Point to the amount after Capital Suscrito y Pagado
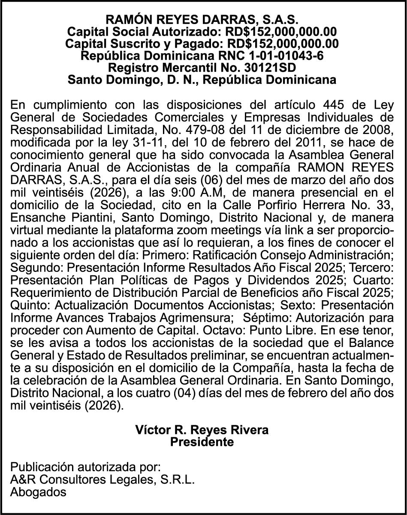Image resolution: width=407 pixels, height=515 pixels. (x=283, y=44)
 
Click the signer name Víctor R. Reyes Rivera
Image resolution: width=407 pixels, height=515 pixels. (x=202, y=430)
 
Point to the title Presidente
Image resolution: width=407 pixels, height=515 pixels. (x=202, y=442)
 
